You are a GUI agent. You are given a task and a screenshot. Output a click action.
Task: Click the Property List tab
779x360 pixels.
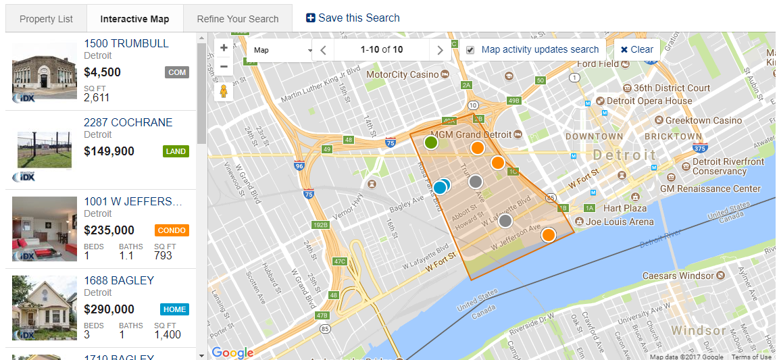tap(46, 19)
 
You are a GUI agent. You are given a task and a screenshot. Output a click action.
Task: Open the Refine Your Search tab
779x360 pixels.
tap(238, 19)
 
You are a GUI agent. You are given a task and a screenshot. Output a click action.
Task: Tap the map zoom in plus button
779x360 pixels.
tap(224, 48)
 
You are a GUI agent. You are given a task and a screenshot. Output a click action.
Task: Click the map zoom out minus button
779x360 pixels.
tap(224, 66)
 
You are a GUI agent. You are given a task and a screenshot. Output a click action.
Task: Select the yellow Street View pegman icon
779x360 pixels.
tap(224, 91)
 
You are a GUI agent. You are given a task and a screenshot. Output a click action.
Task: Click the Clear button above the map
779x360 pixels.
tap(636, 49)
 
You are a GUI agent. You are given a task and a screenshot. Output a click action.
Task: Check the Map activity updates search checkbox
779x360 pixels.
tap(470, 50)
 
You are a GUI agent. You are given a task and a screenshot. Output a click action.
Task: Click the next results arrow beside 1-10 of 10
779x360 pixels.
tap(440, 50)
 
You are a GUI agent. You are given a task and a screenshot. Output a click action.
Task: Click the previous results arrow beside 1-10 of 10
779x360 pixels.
tap(323, 50)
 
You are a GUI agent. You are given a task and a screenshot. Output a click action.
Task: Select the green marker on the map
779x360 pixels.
tap(431, 143)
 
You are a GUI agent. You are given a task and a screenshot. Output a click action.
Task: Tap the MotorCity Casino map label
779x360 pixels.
tap(402, 74)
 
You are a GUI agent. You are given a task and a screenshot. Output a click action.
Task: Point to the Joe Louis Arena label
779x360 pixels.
tap(620, 222)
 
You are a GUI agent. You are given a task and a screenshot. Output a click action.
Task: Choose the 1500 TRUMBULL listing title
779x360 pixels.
tap(126, 44)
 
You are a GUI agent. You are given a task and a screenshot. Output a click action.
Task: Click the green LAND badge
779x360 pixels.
tap(176, 151)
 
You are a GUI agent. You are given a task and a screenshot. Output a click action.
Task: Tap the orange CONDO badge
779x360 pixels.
tap(172, 230)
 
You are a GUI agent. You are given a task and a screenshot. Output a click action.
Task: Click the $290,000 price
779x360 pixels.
tap(109, 309)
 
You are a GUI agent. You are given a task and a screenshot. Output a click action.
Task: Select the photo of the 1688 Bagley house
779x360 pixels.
tap(45, 308)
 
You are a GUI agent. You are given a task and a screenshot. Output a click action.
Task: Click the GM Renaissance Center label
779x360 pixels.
tap(710, 188)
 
